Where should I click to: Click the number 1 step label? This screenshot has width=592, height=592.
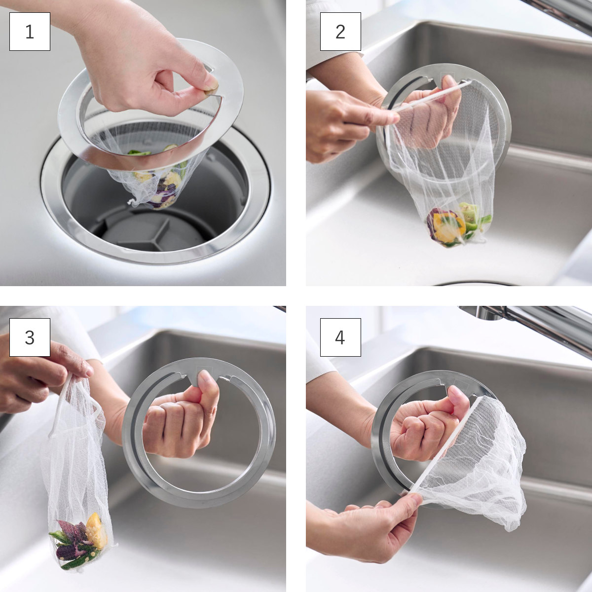click(x=30, y=32)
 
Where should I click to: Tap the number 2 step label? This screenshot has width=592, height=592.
click(x=340, y=32)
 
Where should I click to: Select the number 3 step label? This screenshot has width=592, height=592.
click(x=30, y=337)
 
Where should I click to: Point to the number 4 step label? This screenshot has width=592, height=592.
click(x=340, y=337)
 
